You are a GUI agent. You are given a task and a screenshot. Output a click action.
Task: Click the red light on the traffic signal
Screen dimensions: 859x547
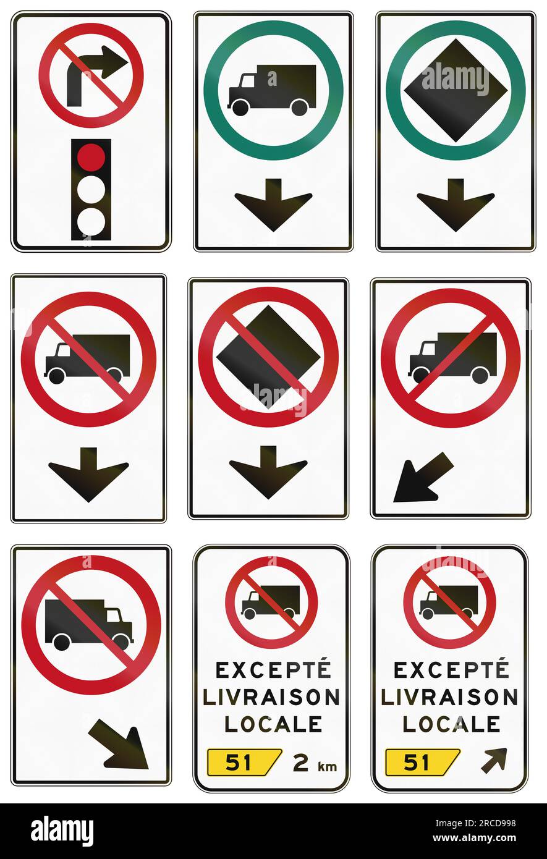click(91, 156)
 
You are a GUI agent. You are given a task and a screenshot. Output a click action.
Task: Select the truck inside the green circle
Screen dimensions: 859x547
click(273, 90)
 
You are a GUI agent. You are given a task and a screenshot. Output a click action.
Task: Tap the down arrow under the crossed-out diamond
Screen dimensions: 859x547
click(268, 472)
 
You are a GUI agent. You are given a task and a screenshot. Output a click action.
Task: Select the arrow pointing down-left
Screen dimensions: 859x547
click(422, 477)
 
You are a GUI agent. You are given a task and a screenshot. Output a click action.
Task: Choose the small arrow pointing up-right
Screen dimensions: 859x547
click(494, 760)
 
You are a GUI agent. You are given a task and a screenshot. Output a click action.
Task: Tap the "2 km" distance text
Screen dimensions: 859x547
click(315, 763)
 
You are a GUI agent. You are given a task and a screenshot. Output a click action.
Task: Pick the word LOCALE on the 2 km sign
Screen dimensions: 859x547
click(273, 724)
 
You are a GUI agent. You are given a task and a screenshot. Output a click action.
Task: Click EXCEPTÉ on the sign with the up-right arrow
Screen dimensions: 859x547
click(451, 669)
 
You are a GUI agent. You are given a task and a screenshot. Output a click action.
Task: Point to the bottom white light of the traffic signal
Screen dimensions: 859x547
click(91, 222)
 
